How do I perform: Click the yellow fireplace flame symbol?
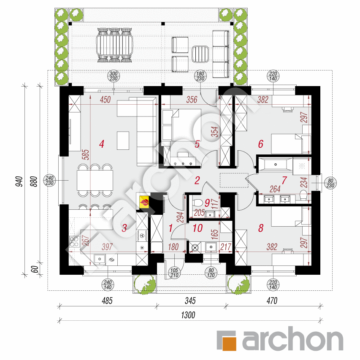click(144, 203)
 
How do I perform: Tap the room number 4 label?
click(101, 144)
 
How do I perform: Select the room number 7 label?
click(284, 180)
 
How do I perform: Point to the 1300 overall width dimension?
click(188, 315)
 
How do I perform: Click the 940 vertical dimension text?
click(19, 181)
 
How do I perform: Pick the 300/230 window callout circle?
click(114, 76)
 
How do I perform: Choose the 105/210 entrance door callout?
click(174, 273)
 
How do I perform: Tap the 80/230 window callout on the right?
click(330, 183)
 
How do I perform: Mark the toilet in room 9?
click(197, 203)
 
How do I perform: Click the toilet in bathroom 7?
click(303, 195)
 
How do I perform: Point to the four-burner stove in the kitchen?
click(74, 241)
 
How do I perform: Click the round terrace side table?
click(200, 54)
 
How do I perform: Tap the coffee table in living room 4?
click(123, 141)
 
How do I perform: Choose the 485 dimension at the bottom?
click(107, 301)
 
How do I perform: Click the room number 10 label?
click(198, 228)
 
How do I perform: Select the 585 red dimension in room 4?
click(85, 154)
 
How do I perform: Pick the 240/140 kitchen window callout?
click(108, 285)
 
